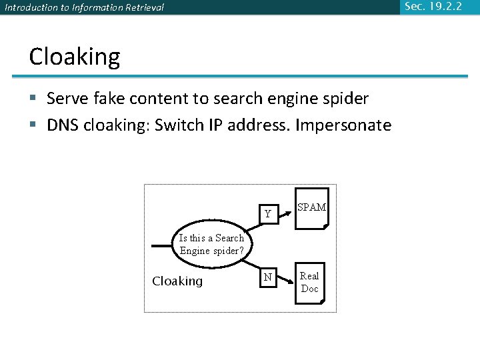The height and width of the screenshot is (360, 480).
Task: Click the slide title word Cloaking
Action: coord(75,57)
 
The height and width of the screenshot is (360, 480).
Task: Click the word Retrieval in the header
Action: coord(139,8)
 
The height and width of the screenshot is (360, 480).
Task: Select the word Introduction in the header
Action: coord(27,8)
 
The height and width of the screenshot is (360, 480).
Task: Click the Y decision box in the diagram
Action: coord(268,214)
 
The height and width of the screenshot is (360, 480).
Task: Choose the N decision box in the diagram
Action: coord(268,277)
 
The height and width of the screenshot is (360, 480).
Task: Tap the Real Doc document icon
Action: coord(310,283)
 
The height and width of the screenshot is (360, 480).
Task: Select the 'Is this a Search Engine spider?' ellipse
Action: coord(212,245)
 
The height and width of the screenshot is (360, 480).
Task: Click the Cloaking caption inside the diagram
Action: coord(177,281)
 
